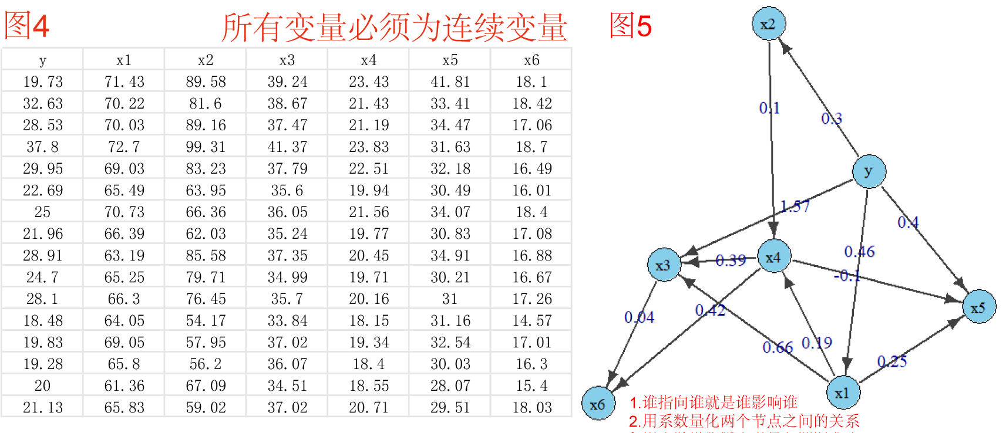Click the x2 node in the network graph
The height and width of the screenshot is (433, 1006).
(768, 24)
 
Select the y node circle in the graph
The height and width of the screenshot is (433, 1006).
(869, 171)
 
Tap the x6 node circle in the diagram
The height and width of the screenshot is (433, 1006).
(598, 404)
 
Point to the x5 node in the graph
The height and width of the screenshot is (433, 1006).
(978, 307)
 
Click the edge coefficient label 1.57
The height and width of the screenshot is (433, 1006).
(795, 206)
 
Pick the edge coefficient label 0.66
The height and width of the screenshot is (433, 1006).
(778, 347)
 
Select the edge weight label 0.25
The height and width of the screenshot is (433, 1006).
(892, 361)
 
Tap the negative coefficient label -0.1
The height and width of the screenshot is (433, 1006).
(847, 275)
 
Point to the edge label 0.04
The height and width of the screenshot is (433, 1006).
(639, 317)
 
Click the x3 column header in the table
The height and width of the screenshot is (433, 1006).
(287, 60)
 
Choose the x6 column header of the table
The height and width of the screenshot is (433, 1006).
(531, 60)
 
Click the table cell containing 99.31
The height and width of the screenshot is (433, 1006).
(206, 147)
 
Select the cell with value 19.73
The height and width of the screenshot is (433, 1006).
(42, 82)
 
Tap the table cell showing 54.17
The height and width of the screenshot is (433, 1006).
(206, 320)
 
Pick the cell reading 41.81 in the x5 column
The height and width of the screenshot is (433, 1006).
(450, 82)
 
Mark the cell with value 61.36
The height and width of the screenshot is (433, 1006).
(124, 385)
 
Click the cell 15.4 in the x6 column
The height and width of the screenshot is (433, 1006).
(531, 385)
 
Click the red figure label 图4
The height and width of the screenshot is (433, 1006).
(26, 26)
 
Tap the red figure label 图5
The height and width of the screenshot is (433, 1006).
(630, 26)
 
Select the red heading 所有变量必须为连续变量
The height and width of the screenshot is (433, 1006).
(394, 28)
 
